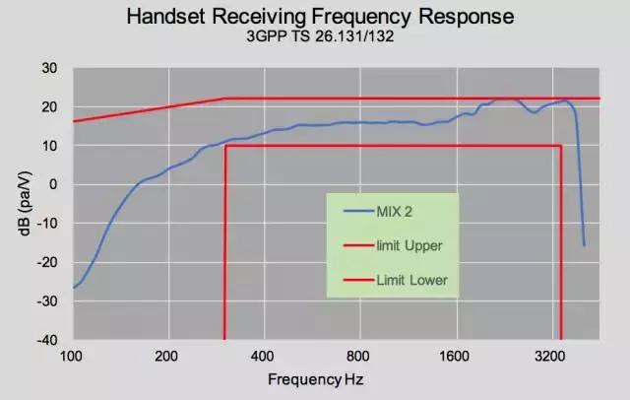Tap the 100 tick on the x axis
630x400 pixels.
click(72, 355)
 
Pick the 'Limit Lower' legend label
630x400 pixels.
click(411, 280)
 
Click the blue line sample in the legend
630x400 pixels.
click(356, 211)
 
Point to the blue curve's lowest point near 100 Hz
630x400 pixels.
click(73, 288)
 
